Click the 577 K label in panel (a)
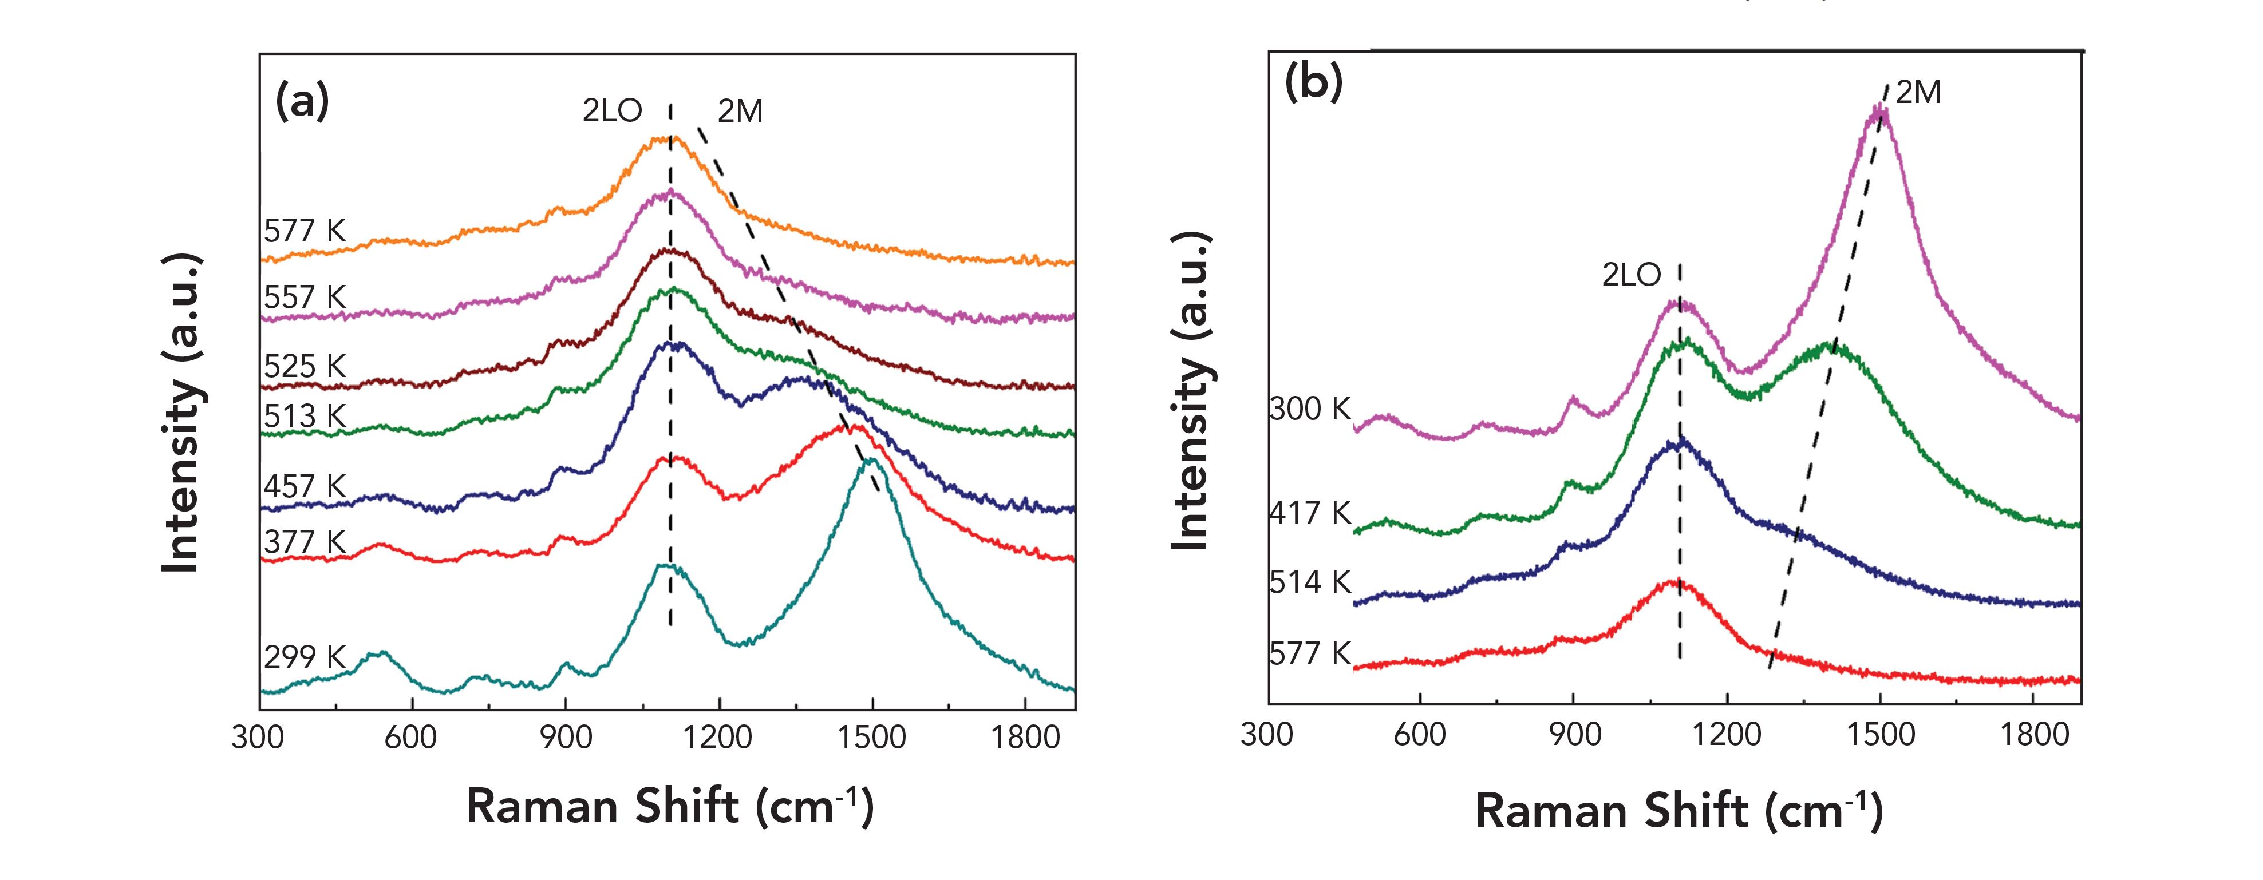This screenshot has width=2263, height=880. coord(305,231)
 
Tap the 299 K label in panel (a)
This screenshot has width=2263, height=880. coord(305,657)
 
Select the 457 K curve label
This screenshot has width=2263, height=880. coord(305,486)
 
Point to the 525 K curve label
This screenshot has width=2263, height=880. coord(305,366)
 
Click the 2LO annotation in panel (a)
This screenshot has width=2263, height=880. coord(613,110)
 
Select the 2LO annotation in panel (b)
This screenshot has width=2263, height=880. coord(1632,275)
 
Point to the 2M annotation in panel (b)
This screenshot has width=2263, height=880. coord(1918,92)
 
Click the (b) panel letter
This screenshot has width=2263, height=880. coord(1313,84)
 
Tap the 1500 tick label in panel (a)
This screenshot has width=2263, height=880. coord(871,736)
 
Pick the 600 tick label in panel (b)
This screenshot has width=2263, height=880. coord(1420,734)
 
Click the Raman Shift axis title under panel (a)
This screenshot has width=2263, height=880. coord(669,806)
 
